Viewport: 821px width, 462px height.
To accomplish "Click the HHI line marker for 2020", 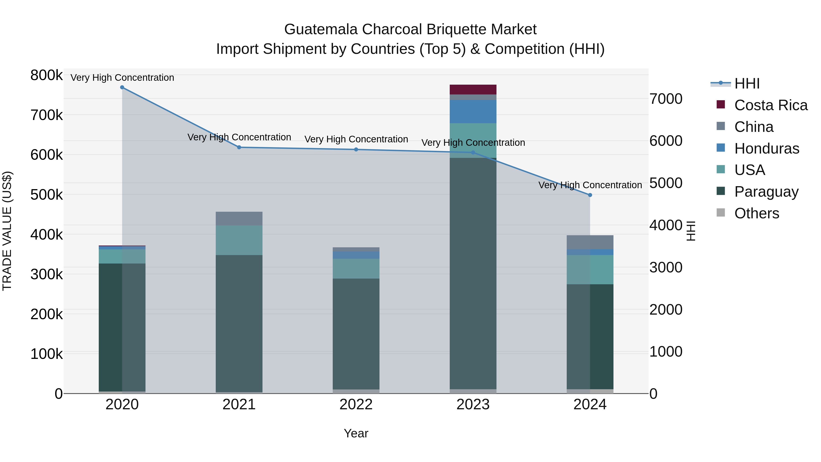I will point(122,87).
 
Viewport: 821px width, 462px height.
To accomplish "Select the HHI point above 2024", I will point(590,195).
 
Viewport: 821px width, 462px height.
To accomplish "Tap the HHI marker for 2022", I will point(356,149).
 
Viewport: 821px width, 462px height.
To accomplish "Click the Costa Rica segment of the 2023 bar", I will point(473,90).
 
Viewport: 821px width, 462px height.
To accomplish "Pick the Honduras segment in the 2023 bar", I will point(473,112).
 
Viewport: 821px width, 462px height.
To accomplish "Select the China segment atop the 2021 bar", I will point(239,219).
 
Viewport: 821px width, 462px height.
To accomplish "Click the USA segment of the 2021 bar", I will point(239,240).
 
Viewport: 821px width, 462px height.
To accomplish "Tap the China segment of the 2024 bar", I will point(590,242).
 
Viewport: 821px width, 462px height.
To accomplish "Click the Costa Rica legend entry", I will point(771,105).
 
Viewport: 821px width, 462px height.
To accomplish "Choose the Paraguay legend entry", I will point(766,192).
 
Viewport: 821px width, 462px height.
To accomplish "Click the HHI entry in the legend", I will point(747,84).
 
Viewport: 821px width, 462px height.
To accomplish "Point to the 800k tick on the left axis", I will point(47,76).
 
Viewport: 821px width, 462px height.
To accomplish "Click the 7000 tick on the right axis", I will point(666,99).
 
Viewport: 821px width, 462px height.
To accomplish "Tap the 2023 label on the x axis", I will point(473,405).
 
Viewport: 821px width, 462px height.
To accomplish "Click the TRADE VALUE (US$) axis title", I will point(7,231).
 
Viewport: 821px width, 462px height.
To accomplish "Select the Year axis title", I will point(356,433).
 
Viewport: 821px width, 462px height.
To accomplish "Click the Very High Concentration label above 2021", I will point(239,137).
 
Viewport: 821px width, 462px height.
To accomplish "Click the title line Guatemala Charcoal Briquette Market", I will point(410,29).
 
